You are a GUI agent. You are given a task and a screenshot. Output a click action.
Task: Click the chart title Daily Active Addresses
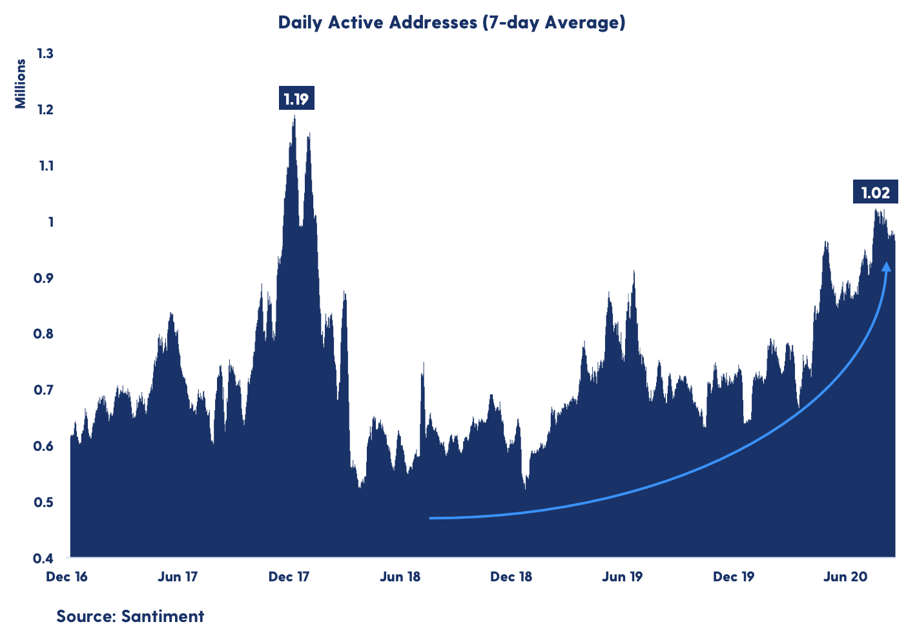[x=451, y=23]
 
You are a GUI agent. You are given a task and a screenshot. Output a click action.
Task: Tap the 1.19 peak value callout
[x=296, y=99]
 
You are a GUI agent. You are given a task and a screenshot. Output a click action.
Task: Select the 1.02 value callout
[x=875, y=192]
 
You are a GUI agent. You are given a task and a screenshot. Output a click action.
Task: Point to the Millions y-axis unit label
[x=21, y=84]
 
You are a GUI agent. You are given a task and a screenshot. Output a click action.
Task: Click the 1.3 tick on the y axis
[x=45, y=54]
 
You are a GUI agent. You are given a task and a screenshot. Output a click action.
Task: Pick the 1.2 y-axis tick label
[x=45, y=110]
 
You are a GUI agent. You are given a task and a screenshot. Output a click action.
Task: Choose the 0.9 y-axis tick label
[x=45, y=278]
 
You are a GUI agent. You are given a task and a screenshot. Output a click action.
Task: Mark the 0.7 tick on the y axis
[x=45, y=390]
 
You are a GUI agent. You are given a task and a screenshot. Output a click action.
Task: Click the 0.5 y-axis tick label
[x=45, y=502]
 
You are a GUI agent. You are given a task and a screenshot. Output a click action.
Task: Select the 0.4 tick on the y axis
[x=45, y=558]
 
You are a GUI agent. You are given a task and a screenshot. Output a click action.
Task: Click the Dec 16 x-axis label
[x=67, y=577]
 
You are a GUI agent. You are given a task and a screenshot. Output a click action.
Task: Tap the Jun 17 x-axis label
[x=178, y=577]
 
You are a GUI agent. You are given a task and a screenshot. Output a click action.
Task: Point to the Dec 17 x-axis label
[x=289, y=577]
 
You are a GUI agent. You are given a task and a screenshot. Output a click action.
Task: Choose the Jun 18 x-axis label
[x=400, y=577]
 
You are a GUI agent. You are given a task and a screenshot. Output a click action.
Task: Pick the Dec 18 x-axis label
[x=511, y=577]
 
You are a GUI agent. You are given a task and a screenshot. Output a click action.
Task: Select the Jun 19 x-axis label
[x=623, y=577]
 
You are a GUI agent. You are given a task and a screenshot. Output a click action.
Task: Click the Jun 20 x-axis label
[x=845, y=577]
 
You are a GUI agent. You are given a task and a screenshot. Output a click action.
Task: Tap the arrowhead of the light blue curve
[x=887, y=267]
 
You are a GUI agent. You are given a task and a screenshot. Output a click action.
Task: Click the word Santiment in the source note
[x=163, y=616]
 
